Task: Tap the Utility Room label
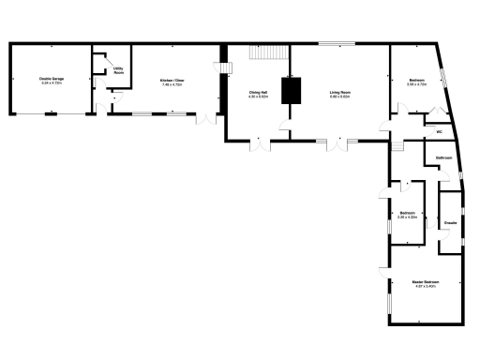(119, 69)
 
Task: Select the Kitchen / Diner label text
(172, 80)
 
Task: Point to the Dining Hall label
(259, 92)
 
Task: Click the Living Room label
(339, 92)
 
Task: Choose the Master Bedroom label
(426, 280)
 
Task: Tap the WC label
(438, 132)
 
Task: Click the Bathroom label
(444, 159)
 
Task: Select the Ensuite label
(450, 222)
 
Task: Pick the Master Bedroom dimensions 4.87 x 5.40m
(426, 285)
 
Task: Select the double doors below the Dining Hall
(258, 145)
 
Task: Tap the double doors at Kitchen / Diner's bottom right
(206, 118)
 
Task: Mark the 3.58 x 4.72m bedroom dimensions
(416, 85)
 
